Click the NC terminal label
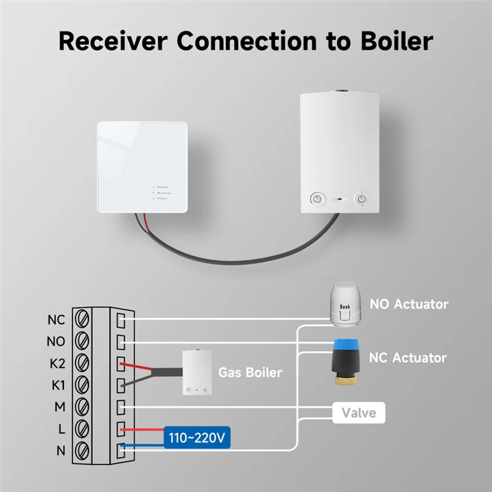56,320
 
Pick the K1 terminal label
56,385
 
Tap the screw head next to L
82,428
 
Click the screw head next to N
82,450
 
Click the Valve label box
359,412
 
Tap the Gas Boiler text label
250,372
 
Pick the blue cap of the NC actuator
346,349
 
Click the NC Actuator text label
408,357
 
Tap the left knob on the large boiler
316,199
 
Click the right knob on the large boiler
362,199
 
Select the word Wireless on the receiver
164,192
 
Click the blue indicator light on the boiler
339,199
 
